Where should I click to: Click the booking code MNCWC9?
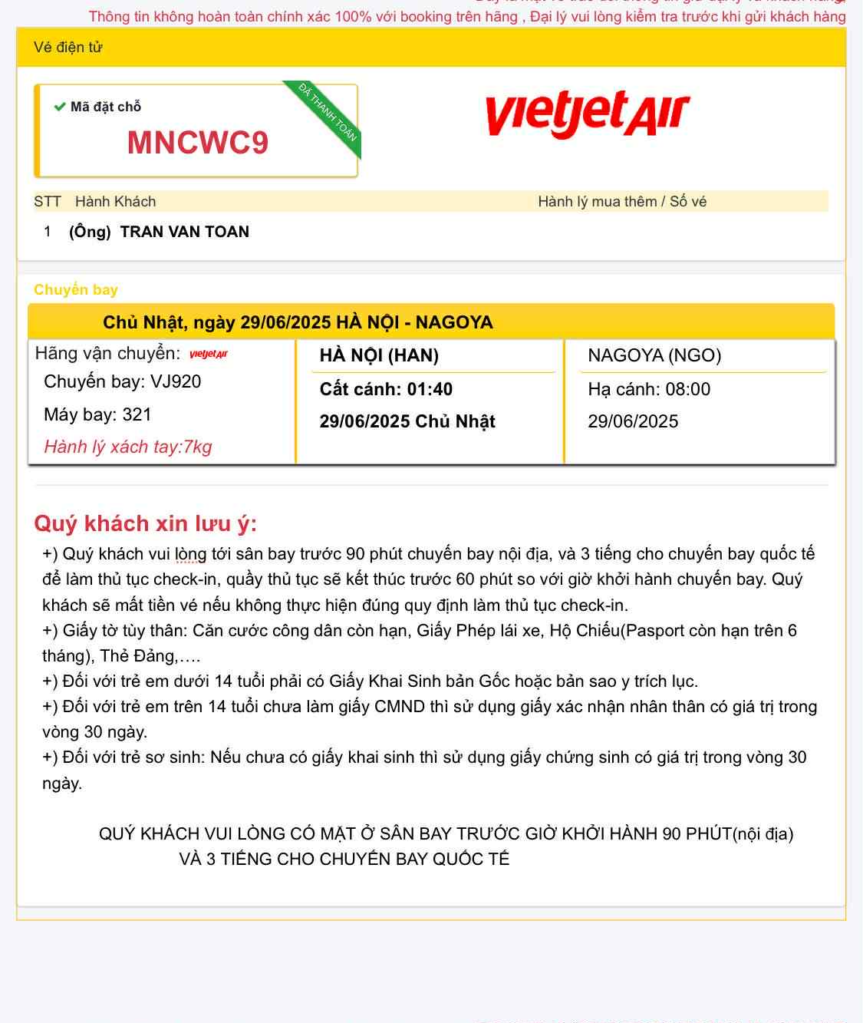[x=198, y=144]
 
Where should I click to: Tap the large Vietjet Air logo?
[x=588, y=114]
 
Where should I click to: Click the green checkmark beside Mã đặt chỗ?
[x=59, y=107]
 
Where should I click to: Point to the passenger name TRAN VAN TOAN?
[x=184, y=232]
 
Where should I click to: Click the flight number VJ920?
[x=176, y=382]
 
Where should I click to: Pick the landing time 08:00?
[x=688, y=389]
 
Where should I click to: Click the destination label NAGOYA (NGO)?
[x=654, y=355]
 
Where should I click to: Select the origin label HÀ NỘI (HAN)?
[x=379, y=355]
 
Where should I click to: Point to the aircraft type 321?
[x=137, y=415]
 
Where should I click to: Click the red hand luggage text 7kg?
[x=197, y=447]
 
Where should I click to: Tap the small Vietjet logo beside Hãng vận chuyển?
[x=209, y=355]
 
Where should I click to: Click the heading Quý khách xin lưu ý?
[x=145, y=523]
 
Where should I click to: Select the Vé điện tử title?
[x=68, y=48]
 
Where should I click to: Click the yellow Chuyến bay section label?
[x=76, y=290]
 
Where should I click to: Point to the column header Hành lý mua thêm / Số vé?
[x=621, y=202]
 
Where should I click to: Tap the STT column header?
[x=47, y=202]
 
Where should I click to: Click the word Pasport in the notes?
[x=651, y=631]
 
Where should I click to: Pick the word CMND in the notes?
[x=400, y=707]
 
